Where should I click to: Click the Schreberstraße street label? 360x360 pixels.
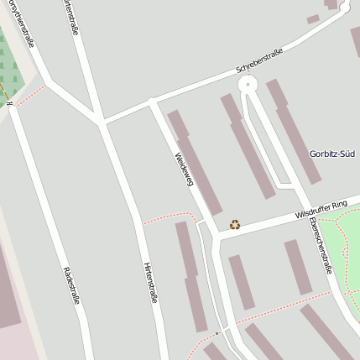(259, 59)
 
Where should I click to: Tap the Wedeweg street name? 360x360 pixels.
(184, 168)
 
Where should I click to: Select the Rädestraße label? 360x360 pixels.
(70, 285)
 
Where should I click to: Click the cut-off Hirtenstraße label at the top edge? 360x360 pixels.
(70, 16)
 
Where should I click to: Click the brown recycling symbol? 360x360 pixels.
(235, 224)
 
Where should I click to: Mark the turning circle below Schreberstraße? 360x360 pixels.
(247, 85)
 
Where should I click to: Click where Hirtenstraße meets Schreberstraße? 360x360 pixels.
(102, 123)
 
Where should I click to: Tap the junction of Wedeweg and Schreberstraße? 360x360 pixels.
(152, 102)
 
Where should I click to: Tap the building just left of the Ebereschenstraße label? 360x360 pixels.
(298, 267)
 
